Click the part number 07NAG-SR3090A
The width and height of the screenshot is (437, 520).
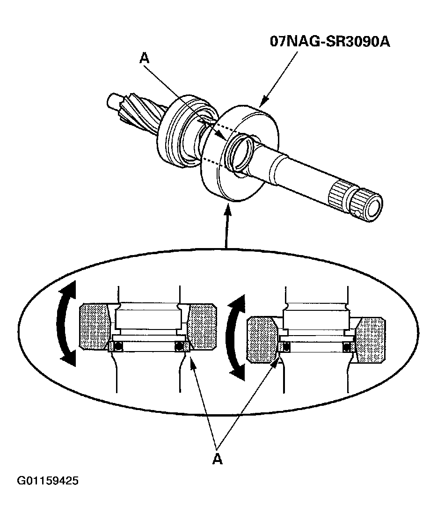click(x=330, y=41)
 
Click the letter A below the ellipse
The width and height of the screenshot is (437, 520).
click(x=217, y=459)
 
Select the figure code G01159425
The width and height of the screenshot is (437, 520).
click(x=47, y=481)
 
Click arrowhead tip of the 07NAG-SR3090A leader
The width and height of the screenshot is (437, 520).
click(x=260, y=105)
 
